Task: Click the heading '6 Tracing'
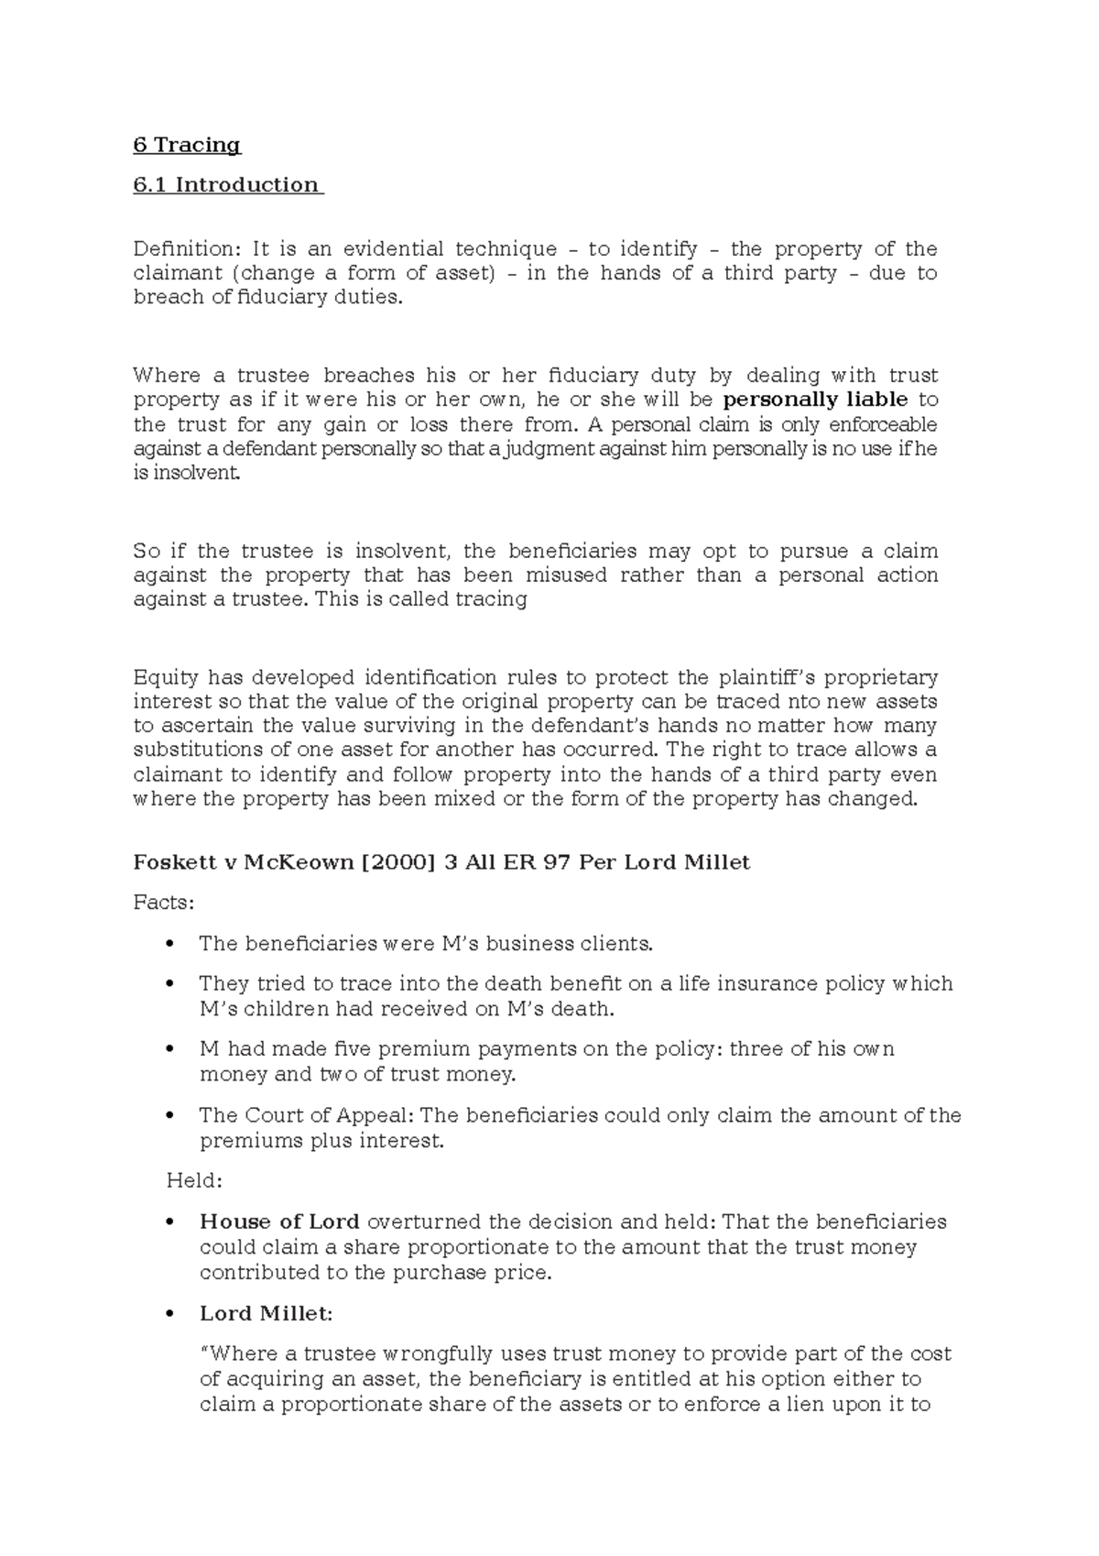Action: point(187,145)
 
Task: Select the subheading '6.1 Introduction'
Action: point(227,185)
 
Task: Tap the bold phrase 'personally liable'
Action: point(815,400)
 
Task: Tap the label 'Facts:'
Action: point(164,903)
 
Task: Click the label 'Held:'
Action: point(194,1181)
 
